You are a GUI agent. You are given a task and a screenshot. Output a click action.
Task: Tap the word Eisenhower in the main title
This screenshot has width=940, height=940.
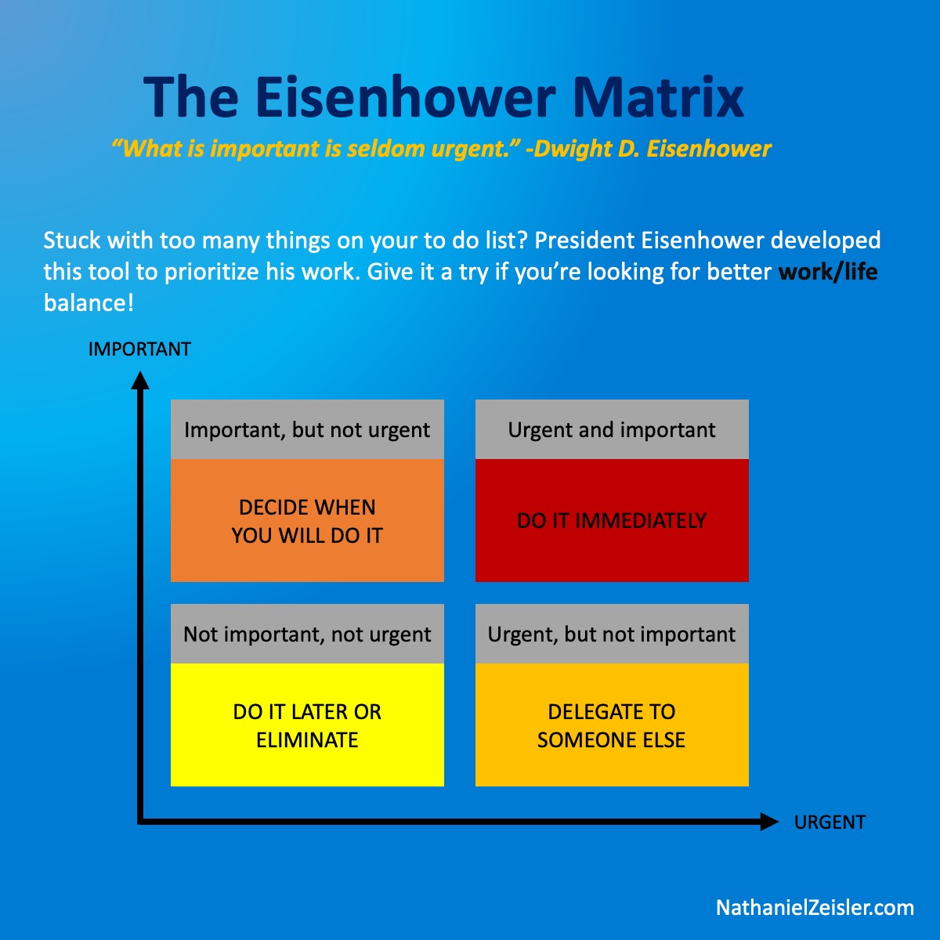coord(405,97)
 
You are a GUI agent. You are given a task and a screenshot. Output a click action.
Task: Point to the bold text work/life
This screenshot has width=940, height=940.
coord(828,272)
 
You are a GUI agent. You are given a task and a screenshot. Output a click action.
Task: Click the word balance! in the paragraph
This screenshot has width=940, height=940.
coord(89,303)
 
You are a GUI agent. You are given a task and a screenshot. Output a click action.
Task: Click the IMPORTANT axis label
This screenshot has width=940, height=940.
coord(139,349)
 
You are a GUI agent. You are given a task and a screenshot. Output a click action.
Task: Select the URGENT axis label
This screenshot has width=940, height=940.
coord(830,822)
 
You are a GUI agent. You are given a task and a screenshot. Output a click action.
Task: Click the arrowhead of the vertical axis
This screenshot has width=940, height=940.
coord(140,381)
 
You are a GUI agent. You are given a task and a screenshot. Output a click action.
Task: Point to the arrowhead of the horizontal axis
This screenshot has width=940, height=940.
coord(769,822)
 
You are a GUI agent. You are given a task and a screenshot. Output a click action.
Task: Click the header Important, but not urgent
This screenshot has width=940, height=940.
coord(307,430)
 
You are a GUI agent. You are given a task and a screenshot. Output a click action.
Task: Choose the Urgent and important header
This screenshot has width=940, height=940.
coord(612,430)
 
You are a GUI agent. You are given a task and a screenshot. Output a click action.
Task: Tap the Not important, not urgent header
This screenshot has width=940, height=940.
coord(307,634)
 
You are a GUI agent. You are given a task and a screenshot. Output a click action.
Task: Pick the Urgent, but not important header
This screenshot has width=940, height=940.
coord(612,634)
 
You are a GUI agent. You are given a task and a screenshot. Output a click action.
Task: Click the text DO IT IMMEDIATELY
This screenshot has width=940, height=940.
coord(612,521)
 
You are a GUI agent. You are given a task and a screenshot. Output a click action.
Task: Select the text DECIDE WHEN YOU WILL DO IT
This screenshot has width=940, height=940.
coord(307,522)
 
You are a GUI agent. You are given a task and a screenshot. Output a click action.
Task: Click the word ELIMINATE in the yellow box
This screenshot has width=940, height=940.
coord(307,740)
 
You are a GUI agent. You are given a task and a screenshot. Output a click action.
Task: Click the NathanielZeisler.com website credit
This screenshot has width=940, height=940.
coord(815,908)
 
